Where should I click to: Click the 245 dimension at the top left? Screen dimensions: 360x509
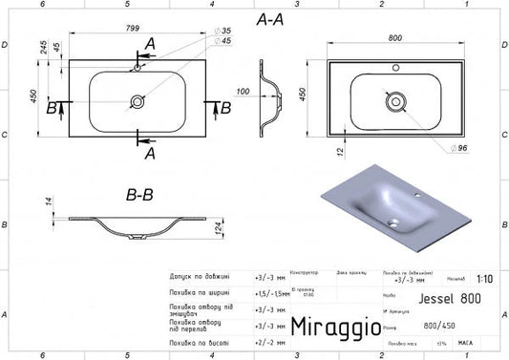43,49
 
